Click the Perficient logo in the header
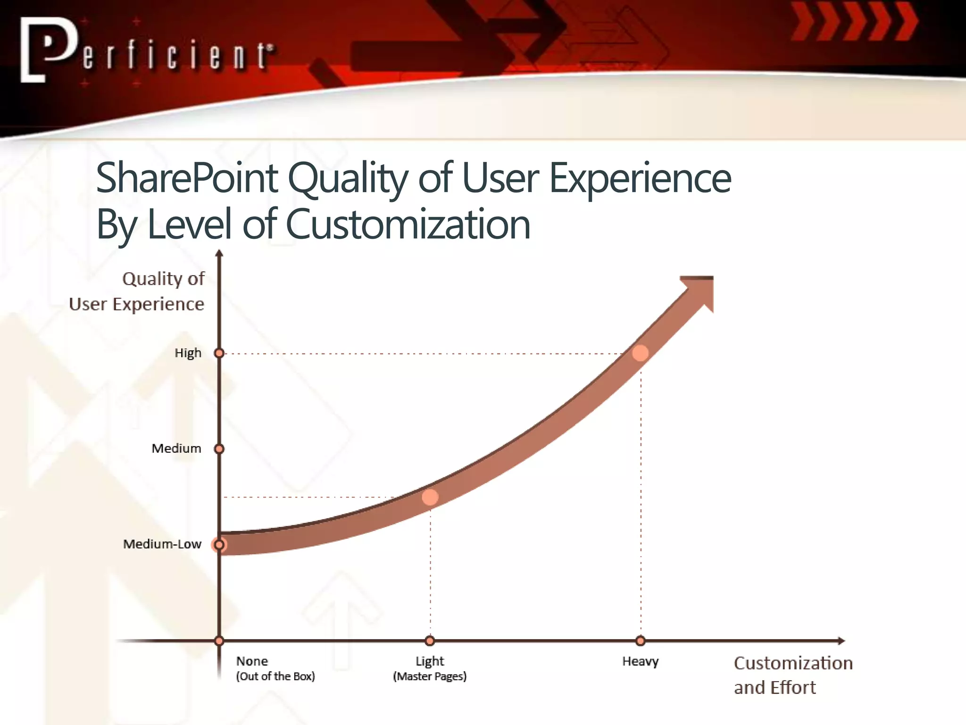click(146, 51)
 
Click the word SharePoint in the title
click(187, 178)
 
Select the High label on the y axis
click(188, 353)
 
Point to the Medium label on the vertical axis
click(176, 448)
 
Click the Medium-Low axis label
click(162, 544)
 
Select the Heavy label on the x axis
click(640, 661)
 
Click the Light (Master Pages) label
click(430, 668)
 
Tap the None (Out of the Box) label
click(275, 668)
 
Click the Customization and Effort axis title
click(792, 675)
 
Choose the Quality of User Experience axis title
click(137, 291)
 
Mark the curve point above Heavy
click(640, 353)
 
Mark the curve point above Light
click(430, 497)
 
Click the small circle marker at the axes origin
click(219, 641)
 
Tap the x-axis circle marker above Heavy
click(640, 641)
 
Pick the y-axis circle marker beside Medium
click(219, 448)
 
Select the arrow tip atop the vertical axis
click(219, 253)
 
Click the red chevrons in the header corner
click(854, 22)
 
